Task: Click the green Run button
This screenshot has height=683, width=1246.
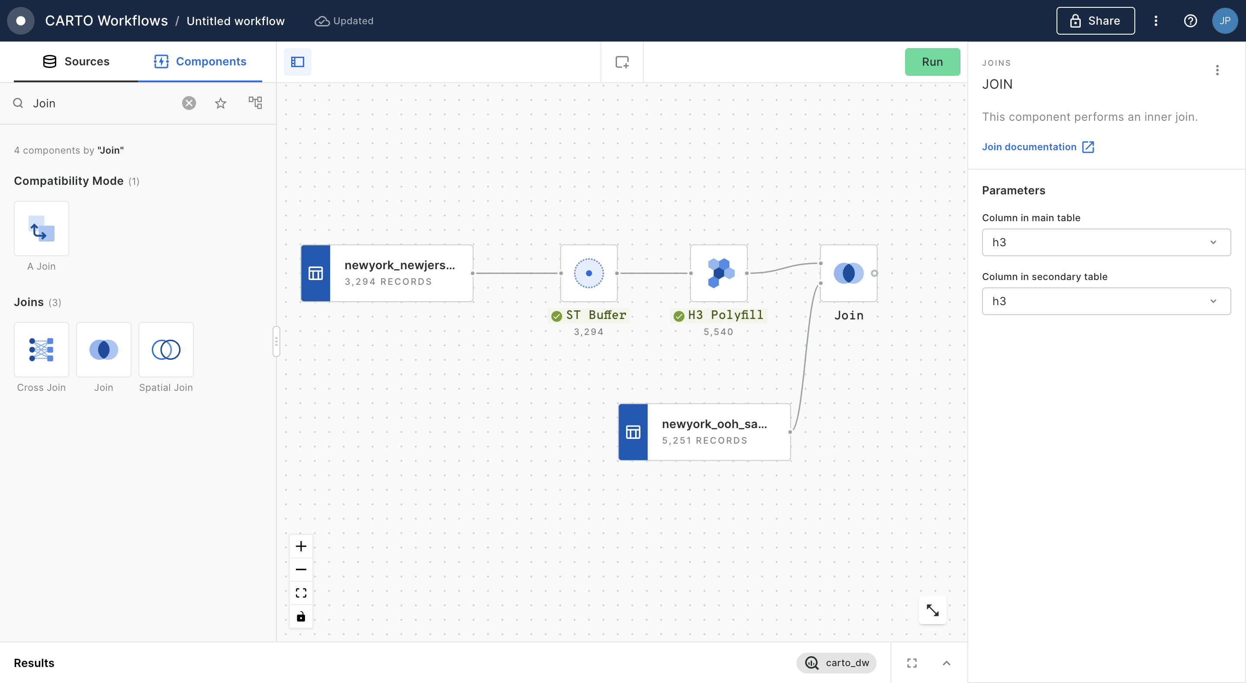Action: point(932,61)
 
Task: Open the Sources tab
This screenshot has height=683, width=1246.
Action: point(76,61)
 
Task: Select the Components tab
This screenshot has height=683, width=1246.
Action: point(200,61)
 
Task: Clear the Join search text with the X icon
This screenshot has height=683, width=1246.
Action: point(189,103)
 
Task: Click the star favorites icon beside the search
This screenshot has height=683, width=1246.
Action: point(221,103)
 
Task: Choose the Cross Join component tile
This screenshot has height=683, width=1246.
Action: point(42,349)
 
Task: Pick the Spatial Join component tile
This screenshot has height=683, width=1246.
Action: point(166,349)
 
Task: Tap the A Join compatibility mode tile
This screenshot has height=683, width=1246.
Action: point(42,229)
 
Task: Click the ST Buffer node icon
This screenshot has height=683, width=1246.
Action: point(589,273)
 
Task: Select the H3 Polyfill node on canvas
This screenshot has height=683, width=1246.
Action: point(719,273)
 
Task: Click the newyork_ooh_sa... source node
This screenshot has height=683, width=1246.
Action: point(704,432)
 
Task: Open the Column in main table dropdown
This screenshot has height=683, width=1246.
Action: point(1106,242)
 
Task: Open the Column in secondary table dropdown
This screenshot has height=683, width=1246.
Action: point(1106,301)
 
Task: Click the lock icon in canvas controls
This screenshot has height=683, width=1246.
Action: point(301,616)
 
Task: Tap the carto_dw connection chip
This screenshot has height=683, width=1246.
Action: point(836,663)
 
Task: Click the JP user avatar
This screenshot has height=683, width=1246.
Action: point(1225,21)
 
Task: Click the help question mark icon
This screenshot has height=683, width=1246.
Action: point(1190,21)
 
